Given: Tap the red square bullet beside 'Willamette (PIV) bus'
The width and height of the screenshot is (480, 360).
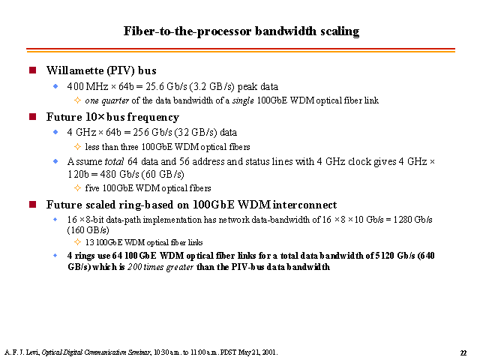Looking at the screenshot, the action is point(33,70).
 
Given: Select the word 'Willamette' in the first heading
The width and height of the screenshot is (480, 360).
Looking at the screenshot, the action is point(75,70).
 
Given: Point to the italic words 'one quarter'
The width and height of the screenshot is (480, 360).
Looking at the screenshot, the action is point(106,100).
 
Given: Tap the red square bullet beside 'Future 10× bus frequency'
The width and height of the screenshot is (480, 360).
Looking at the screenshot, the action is point(33,117).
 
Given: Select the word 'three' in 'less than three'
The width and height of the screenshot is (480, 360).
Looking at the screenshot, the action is point(130,147).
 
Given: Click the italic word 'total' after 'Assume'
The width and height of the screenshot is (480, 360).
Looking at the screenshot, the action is point(114,161).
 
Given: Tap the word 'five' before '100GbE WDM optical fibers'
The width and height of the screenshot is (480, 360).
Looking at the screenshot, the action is point(92,188).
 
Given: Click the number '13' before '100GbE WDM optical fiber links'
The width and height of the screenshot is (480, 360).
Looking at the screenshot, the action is point(89,242).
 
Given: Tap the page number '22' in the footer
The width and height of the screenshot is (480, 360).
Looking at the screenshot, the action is point(463,353).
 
